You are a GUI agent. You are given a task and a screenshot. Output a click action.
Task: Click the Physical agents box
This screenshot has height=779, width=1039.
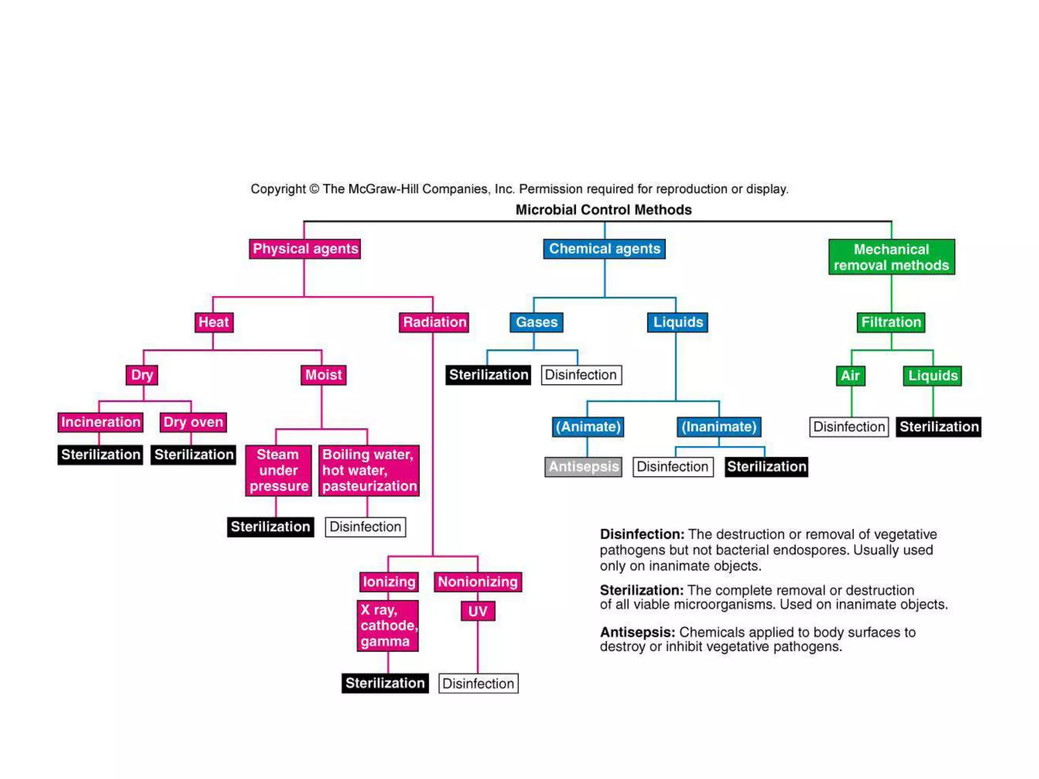pyautogui.click(x=305, y=249)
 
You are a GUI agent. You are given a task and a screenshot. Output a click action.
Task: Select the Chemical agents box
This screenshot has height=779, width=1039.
pyautogui.click(x=604, y=249)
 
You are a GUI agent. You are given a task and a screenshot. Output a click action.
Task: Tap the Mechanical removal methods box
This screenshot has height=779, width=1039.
pyautogui.click(x=891, y=257)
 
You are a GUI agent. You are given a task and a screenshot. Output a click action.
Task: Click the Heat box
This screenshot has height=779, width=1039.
pyautogui.click(x=214, y=322)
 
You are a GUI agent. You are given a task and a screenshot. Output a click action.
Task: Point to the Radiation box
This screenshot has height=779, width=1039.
pyautogui.click(x=434, y=322)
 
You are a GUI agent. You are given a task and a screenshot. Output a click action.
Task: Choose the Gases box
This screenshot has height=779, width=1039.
pyautogui.click(x=536, y=322)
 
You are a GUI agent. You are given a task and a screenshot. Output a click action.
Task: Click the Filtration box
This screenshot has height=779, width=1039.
pyautogui.click(x=891, y=322)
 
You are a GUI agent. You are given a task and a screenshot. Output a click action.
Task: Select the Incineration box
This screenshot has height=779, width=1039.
pyautogui.click(x=100, y=422)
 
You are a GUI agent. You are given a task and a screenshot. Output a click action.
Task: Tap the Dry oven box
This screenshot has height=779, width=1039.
pyautogui.click(x=193, y=422)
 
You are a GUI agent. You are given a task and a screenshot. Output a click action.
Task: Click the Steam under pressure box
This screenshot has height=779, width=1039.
pyautogui.click(x=279, y=470)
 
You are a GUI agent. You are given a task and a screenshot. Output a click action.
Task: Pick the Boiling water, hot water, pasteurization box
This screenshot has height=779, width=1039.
pyautogui.click(x=369, y=470)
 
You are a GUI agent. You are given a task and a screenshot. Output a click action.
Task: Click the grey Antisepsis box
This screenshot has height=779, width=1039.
pyautogui.click(x=583, y=467)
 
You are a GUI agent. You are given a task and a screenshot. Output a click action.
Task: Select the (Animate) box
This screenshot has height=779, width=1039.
pyautogui.click(x=588, y=427)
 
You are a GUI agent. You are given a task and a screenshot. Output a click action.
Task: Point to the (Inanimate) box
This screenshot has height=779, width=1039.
pyautogui.click(x=719, y=427)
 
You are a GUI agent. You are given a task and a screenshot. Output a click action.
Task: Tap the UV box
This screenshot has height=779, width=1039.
pyautogui.click(x=477, y=611)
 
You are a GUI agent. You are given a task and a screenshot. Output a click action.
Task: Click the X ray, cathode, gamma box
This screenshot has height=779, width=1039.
pyautogui.click(x=388, y=625)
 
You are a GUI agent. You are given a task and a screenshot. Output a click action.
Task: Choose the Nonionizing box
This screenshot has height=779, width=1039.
pyautogui.click(x=477, y=582)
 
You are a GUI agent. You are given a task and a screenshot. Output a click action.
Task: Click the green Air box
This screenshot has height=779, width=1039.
pyautogui.click(x=850, y=376)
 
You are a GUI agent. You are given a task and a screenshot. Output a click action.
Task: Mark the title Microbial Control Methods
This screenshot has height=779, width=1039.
pyautogui.click(x=603, y=209)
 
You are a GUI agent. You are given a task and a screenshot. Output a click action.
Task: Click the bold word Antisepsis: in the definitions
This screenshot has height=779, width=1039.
pyautogui.click(x=637, y=632)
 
